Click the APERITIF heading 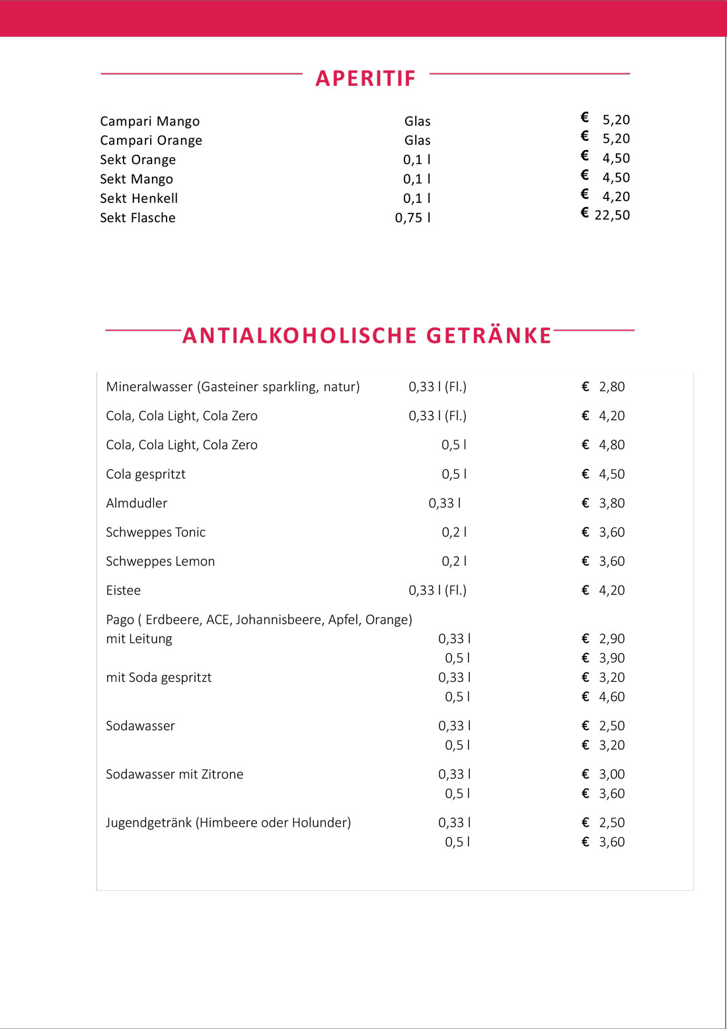point(365,78)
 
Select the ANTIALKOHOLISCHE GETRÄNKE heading point(367,335)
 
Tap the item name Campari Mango point(149,121)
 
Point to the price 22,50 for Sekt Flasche point(612,215)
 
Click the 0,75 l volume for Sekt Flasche point(412,218)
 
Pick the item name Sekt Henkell point(139,198)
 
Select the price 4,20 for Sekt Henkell point(616,196)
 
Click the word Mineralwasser point(149,387)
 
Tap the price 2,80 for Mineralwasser point(611,387)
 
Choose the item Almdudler point(137,503)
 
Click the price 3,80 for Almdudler point(611,503)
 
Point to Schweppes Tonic point(155,532)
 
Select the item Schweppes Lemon point(160,561)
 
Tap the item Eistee point(124,591)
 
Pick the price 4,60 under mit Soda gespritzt point(611,697)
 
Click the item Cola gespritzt point(145,474)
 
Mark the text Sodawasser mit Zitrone point(174,774)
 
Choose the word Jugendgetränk point(149,823)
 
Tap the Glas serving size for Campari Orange point(417,140)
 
